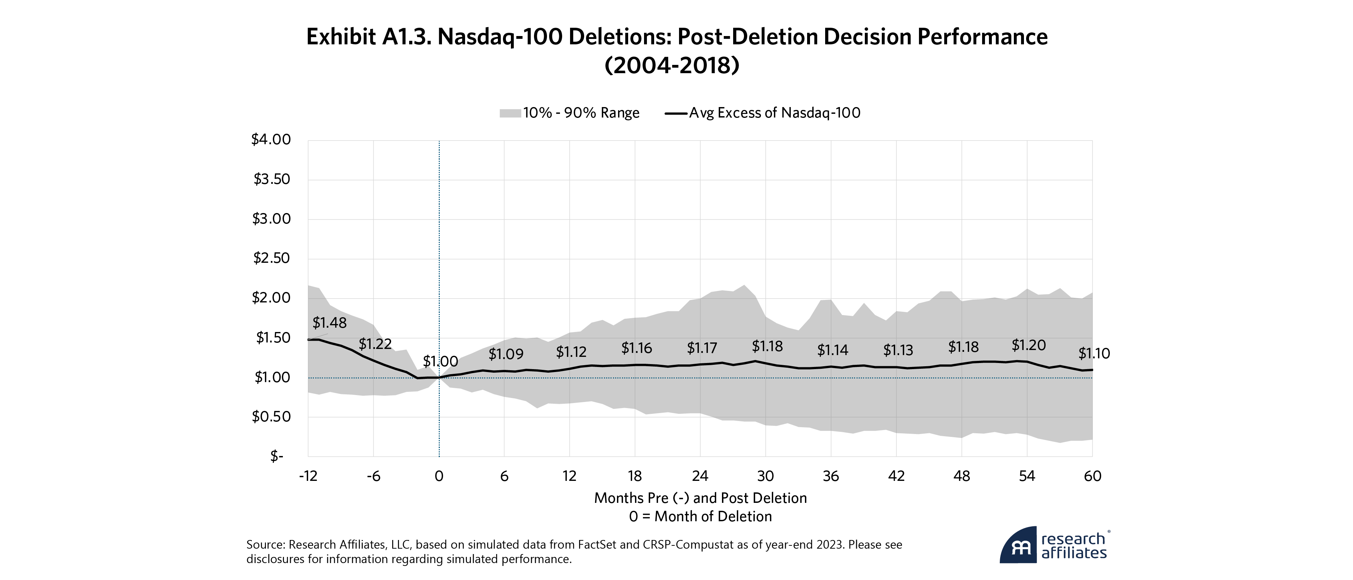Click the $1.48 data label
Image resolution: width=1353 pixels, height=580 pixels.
coord(329,323)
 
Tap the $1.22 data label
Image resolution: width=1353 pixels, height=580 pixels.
coord(375,344)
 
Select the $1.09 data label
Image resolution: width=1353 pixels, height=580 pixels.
coord(506,354)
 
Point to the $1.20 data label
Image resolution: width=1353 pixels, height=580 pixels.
coord(1028,345)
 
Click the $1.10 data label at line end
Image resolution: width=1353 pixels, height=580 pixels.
coord(1094,354)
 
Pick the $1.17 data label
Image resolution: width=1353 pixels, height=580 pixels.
coord(702,348)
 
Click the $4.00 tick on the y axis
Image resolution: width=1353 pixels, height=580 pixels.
coord(271,140)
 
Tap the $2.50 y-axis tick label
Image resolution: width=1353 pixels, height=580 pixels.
coord(271,258)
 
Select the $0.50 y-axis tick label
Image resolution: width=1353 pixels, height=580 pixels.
coord(271,417)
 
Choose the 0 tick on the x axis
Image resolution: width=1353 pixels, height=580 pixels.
coord(439,476)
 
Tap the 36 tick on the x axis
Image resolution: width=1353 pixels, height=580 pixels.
coord(831,476)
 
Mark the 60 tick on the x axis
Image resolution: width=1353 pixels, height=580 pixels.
coord(1093,476)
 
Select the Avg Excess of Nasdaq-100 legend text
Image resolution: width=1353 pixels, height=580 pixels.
coord(775,113)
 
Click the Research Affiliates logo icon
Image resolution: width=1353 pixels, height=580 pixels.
coord(1018,545)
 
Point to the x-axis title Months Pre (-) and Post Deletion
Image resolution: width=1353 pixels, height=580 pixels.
coord(700,498)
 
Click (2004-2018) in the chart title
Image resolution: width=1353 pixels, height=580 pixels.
coord(672,66)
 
